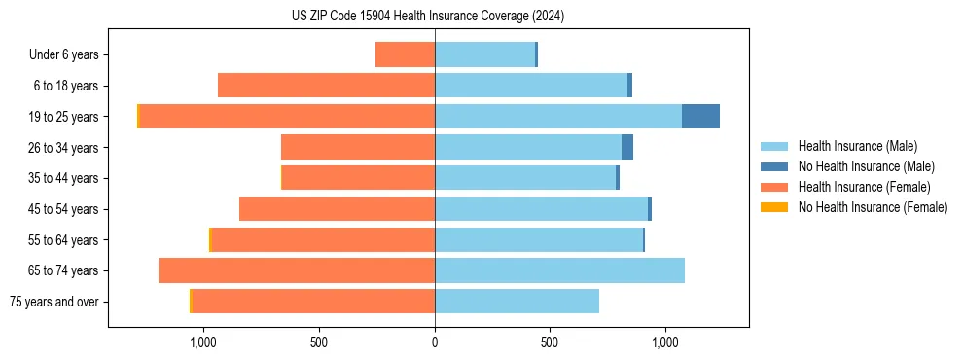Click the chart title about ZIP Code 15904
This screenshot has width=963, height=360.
[x=428, y=17]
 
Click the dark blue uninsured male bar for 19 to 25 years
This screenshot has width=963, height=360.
[x=700, y=117]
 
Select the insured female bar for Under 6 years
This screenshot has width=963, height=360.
[x=405, y=55]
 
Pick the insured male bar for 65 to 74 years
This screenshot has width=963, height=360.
[x=559, y=270]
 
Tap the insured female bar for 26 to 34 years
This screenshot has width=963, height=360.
[x=358, y=148]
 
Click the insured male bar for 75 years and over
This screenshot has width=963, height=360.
[x=517, y=302]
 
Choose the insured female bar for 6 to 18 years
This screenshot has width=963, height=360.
[x=326, y=86]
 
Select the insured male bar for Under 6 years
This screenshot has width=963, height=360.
[x=484, y=55]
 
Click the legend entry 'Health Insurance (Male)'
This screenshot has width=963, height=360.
[x=857, y=146]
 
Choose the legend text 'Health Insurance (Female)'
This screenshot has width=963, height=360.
[x=864, y=187]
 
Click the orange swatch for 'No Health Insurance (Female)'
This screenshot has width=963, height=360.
[x=774, y=207]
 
